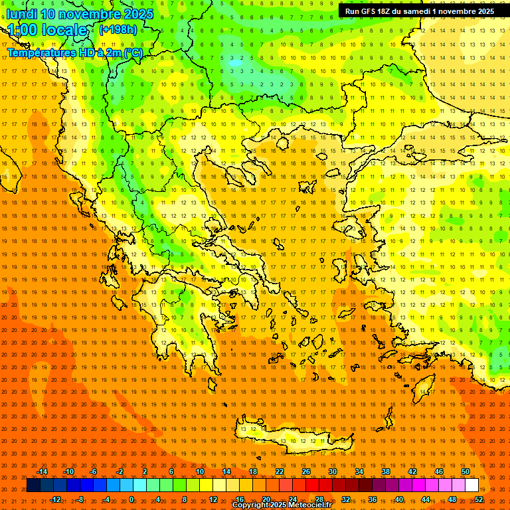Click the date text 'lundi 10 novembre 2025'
(80, 14)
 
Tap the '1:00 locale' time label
(48, 30)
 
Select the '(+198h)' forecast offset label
(118, 29)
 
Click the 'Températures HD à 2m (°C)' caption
(74, 53)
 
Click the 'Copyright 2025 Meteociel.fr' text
(282, 505)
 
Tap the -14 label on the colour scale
(42, 471)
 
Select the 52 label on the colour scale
(479, 499)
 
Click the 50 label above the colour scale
(465, 471)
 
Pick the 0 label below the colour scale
(131, 499)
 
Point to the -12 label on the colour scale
(56, 499)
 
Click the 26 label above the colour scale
(305, 471)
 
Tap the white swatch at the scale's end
(471, 485)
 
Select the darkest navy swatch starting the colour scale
(33, 485)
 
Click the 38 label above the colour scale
(385, 471)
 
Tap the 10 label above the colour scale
(199, 471)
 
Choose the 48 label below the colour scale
(452, 499)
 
